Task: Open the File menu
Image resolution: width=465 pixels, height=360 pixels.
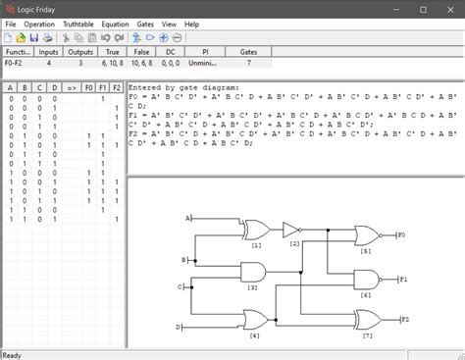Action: (x=11, y=24)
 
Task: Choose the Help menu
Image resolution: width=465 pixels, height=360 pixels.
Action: (x=218, y=24)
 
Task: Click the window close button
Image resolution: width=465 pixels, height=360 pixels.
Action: (x=447, y=8)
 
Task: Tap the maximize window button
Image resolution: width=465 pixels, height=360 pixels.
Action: (x=423, y=8)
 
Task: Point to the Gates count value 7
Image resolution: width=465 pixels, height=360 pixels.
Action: (x=248, y=64)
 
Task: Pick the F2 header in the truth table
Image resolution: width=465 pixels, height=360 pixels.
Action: (x=116, y=87)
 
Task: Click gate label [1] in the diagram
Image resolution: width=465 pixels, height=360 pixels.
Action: (x=256, y=245)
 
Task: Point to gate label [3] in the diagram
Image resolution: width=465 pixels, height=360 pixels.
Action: (x=252, y=288)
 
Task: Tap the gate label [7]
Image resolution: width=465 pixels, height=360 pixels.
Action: (x=368, y=335)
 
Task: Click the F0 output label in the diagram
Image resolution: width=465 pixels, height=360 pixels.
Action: (x=401, y=235)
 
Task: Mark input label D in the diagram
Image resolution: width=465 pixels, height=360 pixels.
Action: (x=178, y=326)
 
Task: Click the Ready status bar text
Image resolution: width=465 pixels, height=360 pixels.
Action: (x=13, y=354)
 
